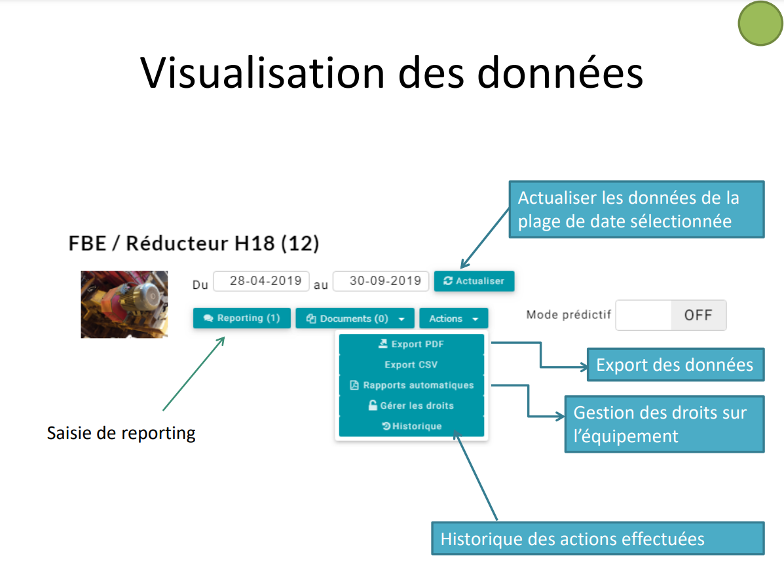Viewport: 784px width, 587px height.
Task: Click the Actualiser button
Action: pos(474,281)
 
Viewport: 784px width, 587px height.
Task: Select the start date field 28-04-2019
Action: pos(261,281)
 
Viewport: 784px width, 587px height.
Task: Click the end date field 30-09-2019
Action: pos(381,281)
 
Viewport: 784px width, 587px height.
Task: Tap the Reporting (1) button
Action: pos(242,318)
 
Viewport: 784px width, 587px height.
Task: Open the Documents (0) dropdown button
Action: pos(354,318)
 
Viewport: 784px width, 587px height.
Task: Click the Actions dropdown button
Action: pos(453,318)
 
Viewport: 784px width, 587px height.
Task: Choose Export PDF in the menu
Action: pos(411,344)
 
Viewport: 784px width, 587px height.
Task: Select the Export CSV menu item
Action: pos(411,364)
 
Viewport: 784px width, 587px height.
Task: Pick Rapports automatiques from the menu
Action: pos(411,385)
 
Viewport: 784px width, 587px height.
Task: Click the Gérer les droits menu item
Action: pos(411,406)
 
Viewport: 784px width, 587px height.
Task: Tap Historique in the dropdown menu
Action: pos(411,426)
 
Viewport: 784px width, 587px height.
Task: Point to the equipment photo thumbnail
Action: pos(124,305)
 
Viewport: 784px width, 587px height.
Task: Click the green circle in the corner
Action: pos(760,24)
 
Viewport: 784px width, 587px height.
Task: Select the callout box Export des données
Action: pos(675,364)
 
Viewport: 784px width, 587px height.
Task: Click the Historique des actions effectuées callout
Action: pos(598,539)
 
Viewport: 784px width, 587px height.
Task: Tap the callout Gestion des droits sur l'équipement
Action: pos(665,424)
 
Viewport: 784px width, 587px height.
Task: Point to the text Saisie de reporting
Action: pos(121,433)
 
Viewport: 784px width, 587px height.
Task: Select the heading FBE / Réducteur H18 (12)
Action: pos(193,244)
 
